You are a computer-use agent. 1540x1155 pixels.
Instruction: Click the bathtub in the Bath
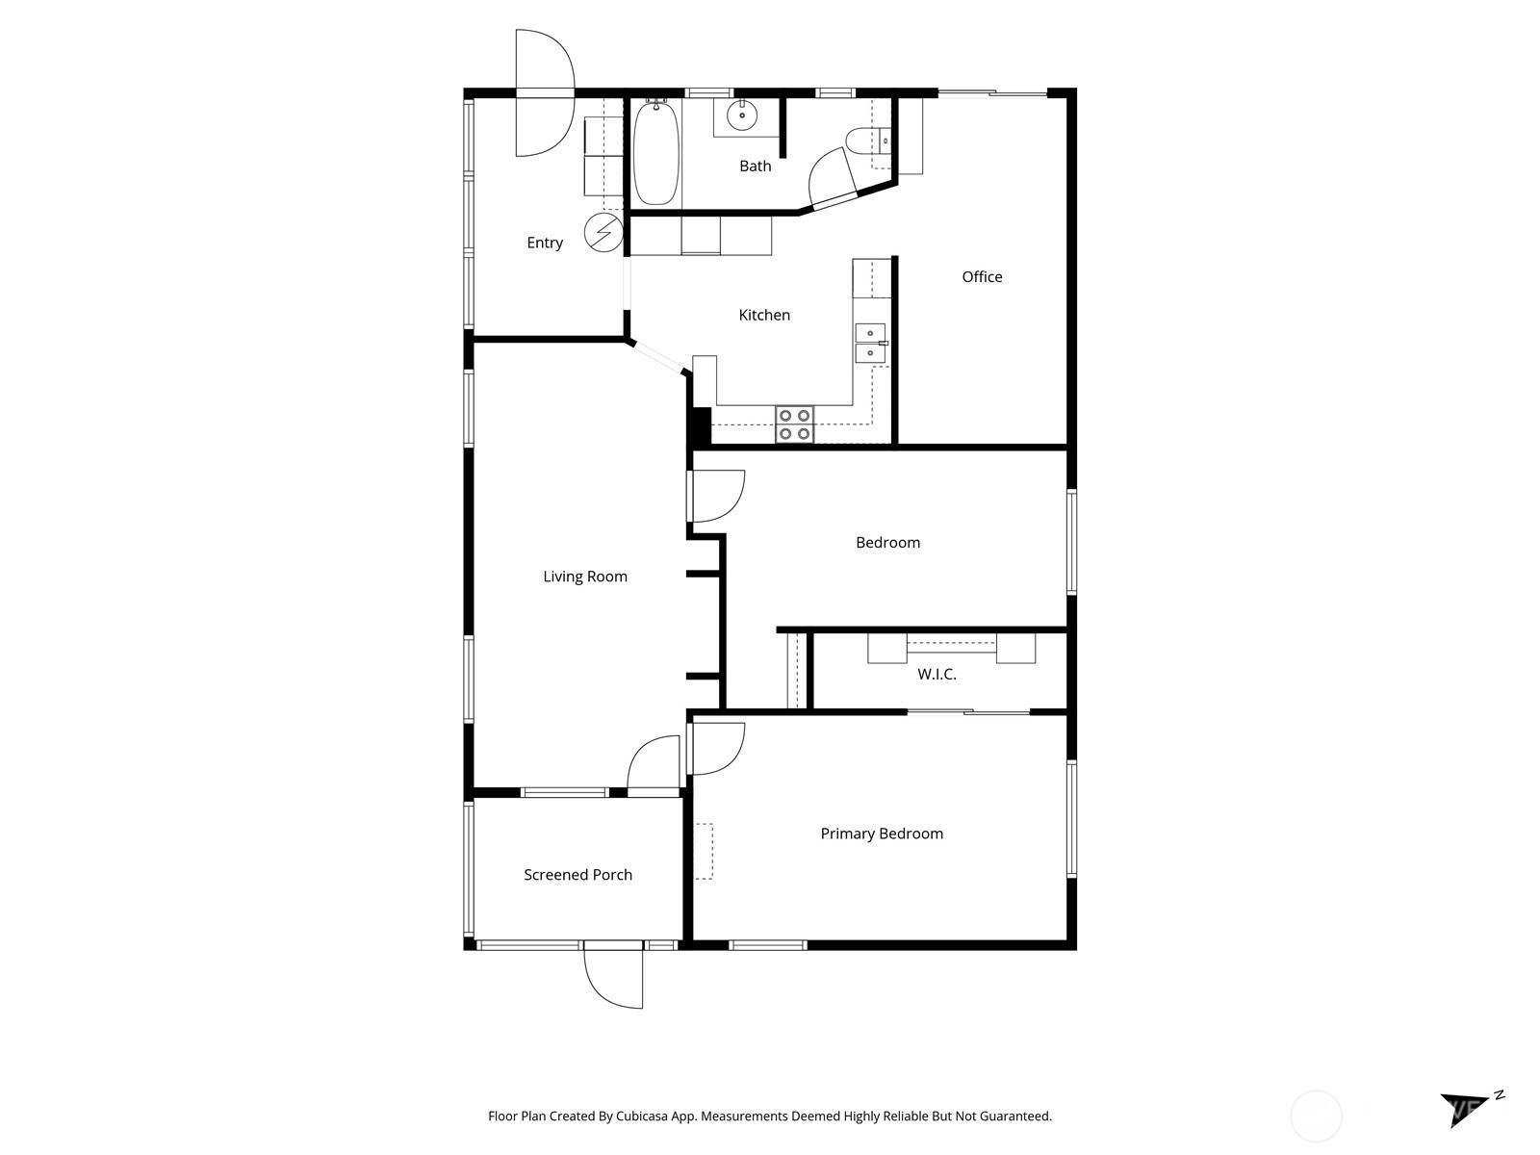pyautogui.click(x=656, y=154)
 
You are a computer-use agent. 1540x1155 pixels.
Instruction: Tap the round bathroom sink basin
pyautogui.click(x=741, y=115)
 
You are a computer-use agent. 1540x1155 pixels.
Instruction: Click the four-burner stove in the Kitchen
pyautogui.click(x=794, y=424)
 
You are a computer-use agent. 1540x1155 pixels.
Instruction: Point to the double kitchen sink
pyautogui.click(x=871, y=343)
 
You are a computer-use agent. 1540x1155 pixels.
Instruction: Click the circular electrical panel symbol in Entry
pyautogui.click(x=603, y=231)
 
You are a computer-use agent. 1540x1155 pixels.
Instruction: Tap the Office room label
pyautogui.click(x=982, y=277)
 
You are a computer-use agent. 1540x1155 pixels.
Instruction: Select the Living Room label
pyautogui.click(x=585, y=577)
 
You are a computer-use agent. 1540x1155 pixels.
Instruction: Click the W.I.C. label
pyautogui.click(x=937, y=674)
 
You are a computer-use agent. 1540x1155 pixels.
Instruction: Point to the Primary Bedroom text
pyautogui.click(x=882, y=834)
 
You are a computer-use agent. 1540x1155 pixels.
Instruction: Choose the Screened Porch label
pyautogui.click(x=578, y=875)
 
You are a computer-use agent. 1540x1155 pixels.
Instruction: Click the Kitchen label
pyautogui.click(x=764, y=315)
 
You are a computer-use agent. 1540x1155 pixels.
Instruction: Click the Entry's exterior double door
pyautogui.click(x=545, y=92)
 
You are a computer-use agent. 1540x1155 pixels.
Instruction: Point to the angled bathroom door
pyautogui.click(x=834, y=180)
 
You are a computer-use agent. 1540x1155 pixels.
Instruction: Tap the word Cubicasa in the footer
pyautogui.click(x=642, y=1116)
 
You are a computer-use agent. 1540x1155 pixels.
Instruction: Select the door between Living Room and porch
pyautogui.click(x=654, y=765)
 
